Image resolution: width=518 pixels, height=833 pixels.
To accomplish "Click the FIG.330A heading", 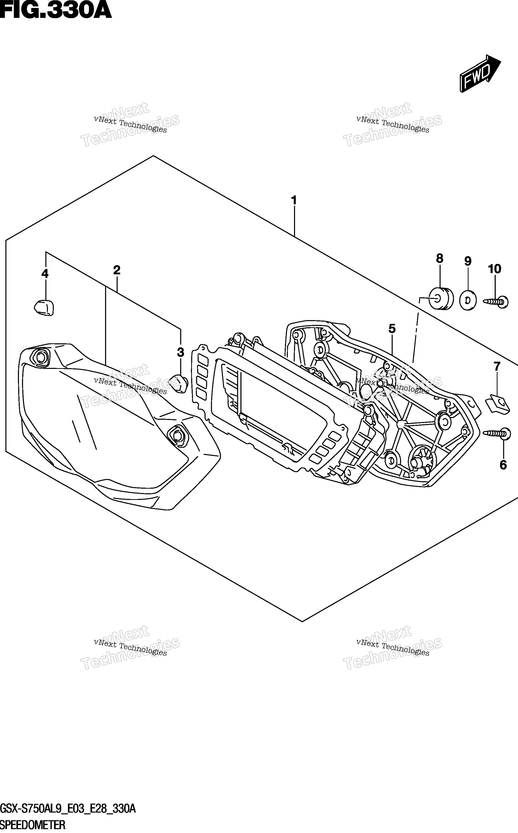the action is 56,10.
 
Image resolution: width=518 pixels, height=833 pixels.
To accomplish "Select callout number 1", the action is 294,200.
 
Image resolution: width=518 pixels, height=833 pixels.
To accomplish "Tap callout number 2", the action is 117,270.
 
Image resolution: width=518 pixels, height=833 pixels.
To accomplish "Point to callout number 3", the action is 181,352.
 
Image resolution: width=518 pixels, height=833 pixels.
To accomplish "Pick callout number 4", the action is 45,274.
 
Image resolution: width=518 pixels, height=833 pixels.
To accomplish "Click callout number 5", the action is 392,329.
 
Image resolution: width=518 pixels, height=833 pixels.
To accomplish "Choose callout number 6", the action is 503,465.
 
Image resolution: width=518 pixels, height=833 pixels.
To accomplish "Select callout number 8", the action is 439,259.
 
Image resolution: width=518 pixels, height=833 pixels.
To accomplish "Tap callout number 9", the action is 468,261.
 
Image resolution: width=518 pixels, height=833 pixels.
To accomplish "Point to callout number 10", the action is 495,269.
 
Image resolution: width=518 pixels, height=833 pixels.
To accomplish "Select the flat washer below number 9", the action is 468,300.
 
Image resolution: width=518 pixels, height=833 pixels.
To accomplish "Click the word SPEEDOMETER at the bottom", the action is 33,826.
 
